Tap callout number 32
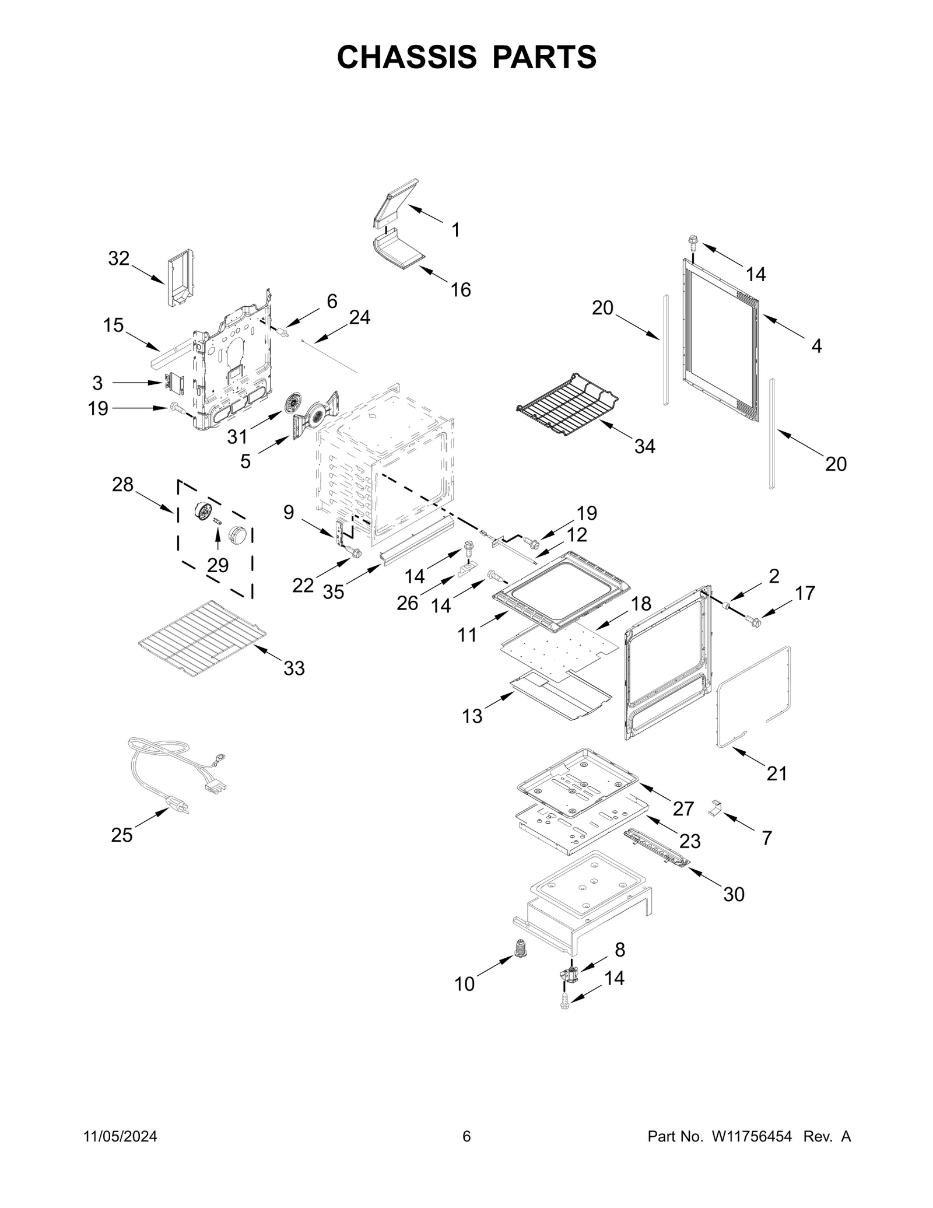(x=118, y=258)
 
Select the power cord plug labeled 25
(x=180, y=806)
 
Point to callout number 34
(x=644, y=447)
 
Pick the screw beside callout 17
(x=753, y=622)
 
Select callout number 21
(x=777, y=773)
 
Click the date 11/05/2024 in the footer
(x=121, y=1137)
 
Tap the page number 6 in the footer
(x=466, y=1137)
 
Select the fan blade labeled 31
(x=295, y=403)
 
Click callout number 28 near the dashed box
(x=122, y=484)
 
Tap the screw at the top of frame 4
(x=693, y=241)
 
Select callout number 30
(x=734, y=894)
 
